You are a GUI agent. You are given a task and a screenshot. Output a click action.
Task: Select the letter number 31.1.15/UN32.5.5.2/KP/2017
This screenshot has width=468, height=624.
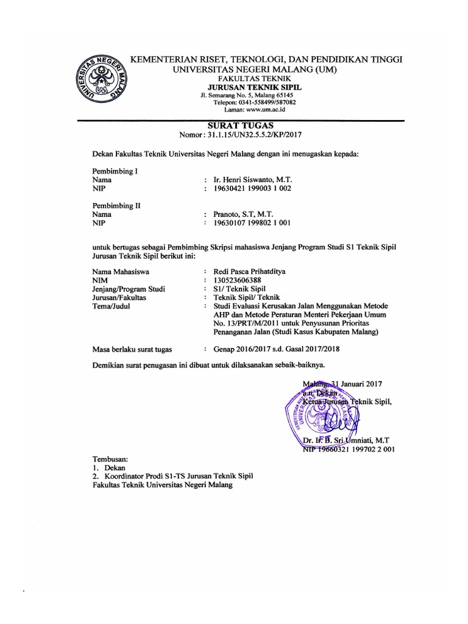pos(255,135)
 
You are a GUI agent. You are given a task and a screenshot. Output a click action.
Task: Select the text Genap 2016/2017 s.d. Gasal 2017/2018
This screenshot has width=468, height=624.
pos(277,349)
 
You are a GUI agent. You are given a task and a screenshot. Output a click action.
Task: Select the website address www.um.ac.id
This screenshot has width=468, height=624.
pos(263,110)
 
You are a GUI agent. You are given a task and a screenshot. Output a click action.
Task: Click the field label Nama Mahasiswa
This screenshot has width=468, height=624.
pos(121,271)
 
